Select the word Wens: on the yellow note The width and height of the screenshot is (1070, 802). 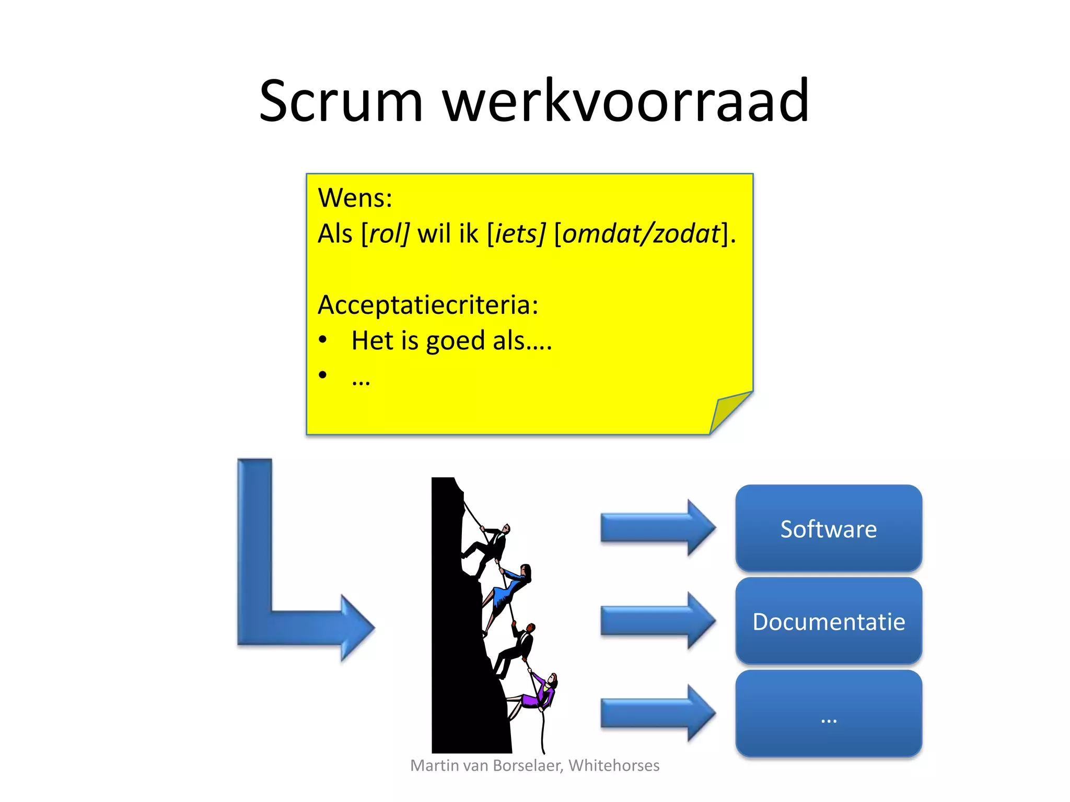point(355,198)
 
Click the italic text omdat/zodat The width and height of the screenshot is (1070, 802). point(641,233)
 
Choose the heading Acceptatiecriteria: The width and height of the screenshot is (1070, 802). point(428,305)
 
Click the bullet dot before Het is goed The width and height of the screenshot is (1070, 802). point(323,340)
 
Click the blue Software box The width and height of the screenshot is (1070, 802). point(828,528)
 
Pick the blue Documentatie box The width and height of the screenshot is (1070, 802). point(828,621)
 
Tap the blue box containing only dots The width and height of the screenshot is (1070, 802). point(828,714)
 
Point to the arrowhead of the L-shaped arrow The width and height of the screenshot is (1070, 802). point(356,627)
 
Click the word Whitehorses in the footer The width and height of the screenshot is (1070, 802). point(614,765)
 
